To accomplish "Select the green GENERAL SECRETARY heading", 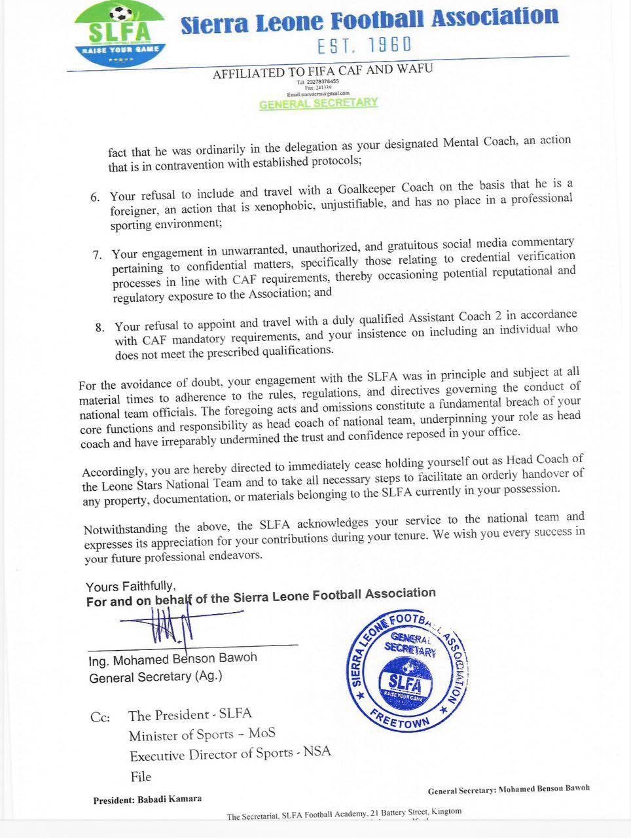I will pyautogui.click(x=318, y=103).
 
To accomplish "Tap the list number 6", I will pyautogui.click(x=95, y=197).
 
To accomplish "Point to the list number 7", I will pyautogui.click(x=98, y=254).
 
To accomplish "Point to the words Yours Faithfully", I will pyautogui.click(x=130, y=587).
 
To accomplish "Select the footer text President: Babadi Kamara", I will pyautogui.click(x=147, y=799).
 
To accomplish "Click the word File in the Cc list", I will pyautogui.click(x=140, y=776).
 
